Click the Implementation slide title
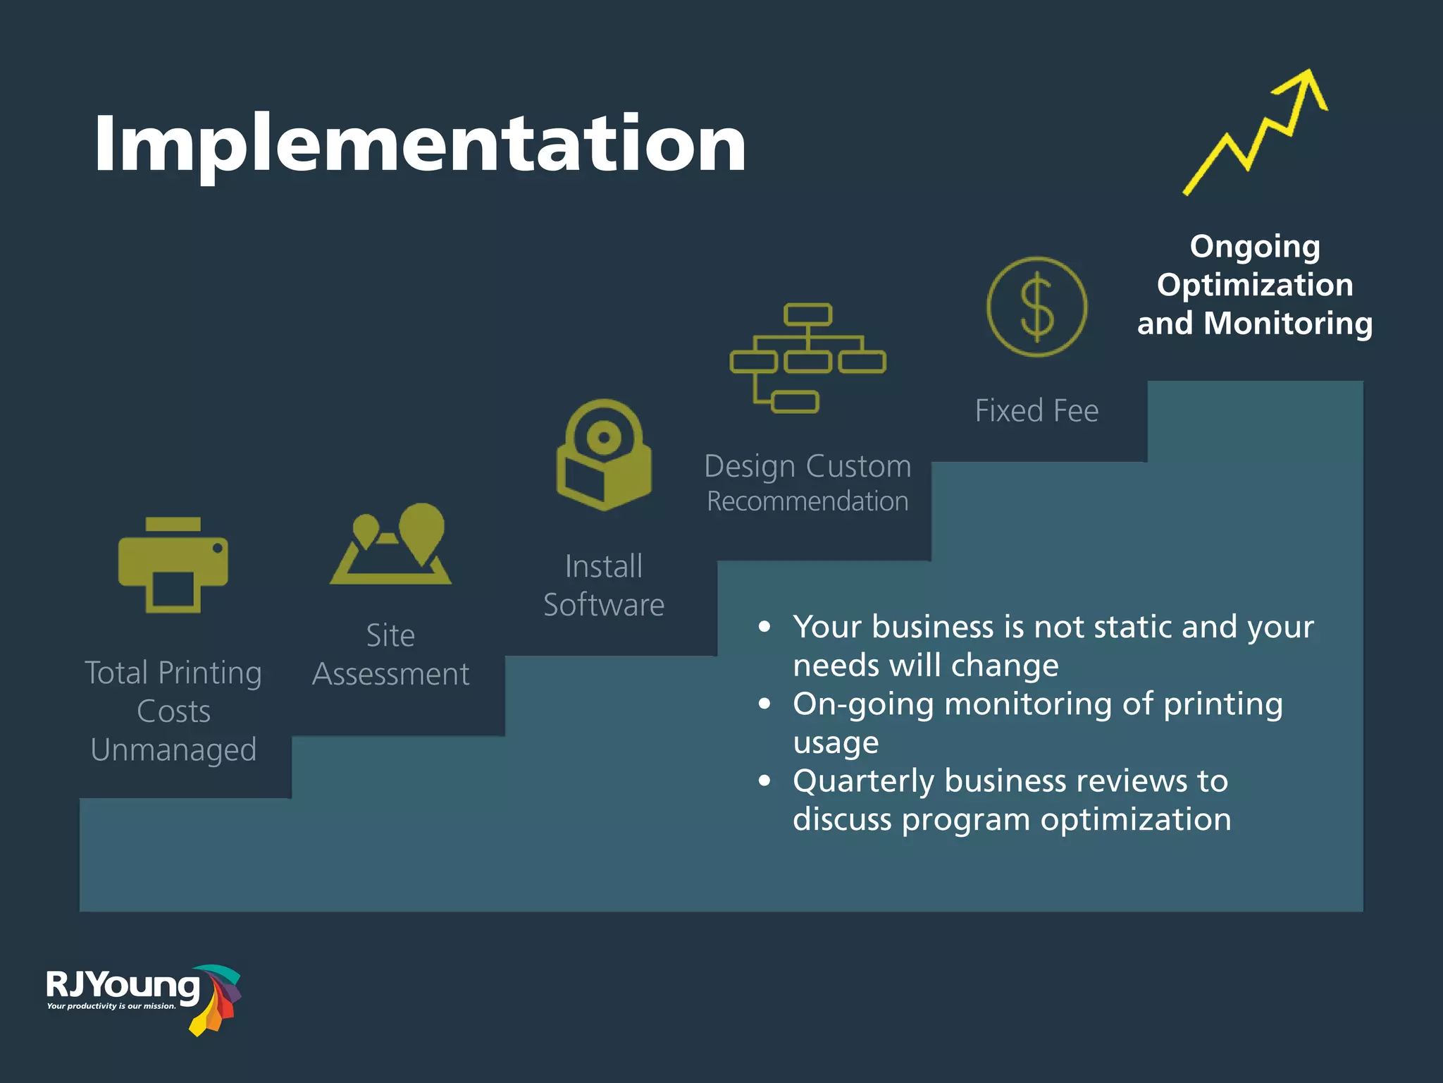tap(420, 144)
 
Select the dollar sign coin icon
tap(1036, 307)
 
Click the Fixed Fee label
tap(1036, 411)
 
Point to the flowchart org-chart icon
tap(807, 358)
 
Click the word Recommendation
tap(807, 501)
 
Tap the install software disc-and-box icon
tap(604, 455)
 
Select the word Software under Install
tap(604, 605)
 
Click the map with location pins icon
tap(391, 544)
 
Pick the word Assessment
tap(391, 674)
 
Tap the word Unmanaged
tap(173, 749)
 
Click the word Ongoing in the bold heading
tap(1255, 247)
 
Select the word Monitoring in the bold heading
tap(1288, 324)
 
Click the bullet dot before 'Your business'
tap(764, 627)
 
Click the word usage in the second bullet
tap(836, 742)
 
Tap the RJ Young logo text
tap(123, 985)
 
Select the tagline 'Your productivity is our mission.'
tap(111, 1006)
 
